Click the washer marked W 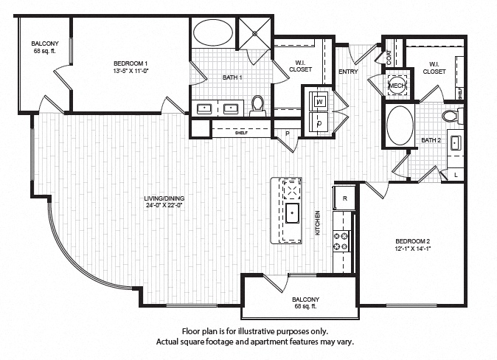coord(321,101)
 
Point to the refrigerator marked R coord(344,198)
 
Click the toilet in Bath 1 coord(257,106)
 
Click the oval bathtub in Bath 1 coord(212,34)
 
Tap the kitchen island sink coord(291,216)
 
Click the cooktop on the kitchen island coord(291,191)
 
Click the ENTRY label coord(348,71)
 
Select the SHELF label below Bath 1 coord(261,134)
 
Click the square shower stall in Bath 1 coord(254,32)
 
